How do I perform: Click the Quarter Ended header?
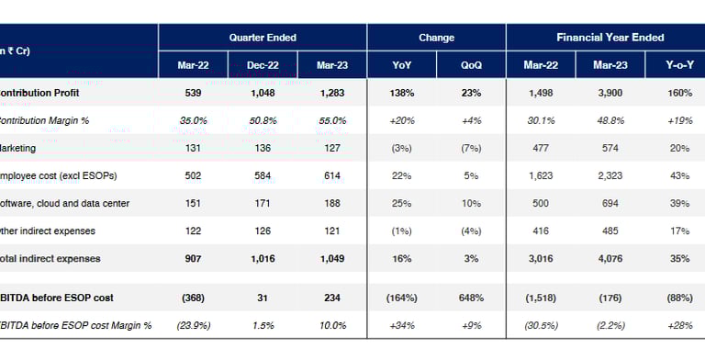click(x=263, y=38)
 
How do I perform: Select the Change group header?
click(x=436, y=38)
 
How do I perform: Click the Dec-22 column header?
click(x=263, y=65)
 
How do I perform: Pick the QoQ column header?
click(x=472, y=65)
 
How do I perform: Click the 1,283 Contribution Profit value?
click(x=332, y=94)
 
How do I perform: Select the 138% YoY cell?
click(x=402, y=94)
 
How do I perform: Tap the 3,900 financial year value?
click(x=611, y=94)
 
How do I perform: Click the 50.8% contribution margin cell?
click(x=263, y=120)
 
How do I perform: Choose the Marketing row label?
click(x=18, y=148)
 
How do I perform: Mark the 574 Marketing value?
click(x=611, y=148)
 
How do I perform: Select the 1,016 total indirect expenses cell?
click(x=263, y=259)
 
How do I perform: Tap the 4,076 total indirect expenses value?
click(x=611, y=259)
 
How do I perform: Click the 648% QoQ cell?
click(x=472, y=298)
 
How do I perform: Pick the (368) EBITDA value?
click(x=194, y=298)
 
